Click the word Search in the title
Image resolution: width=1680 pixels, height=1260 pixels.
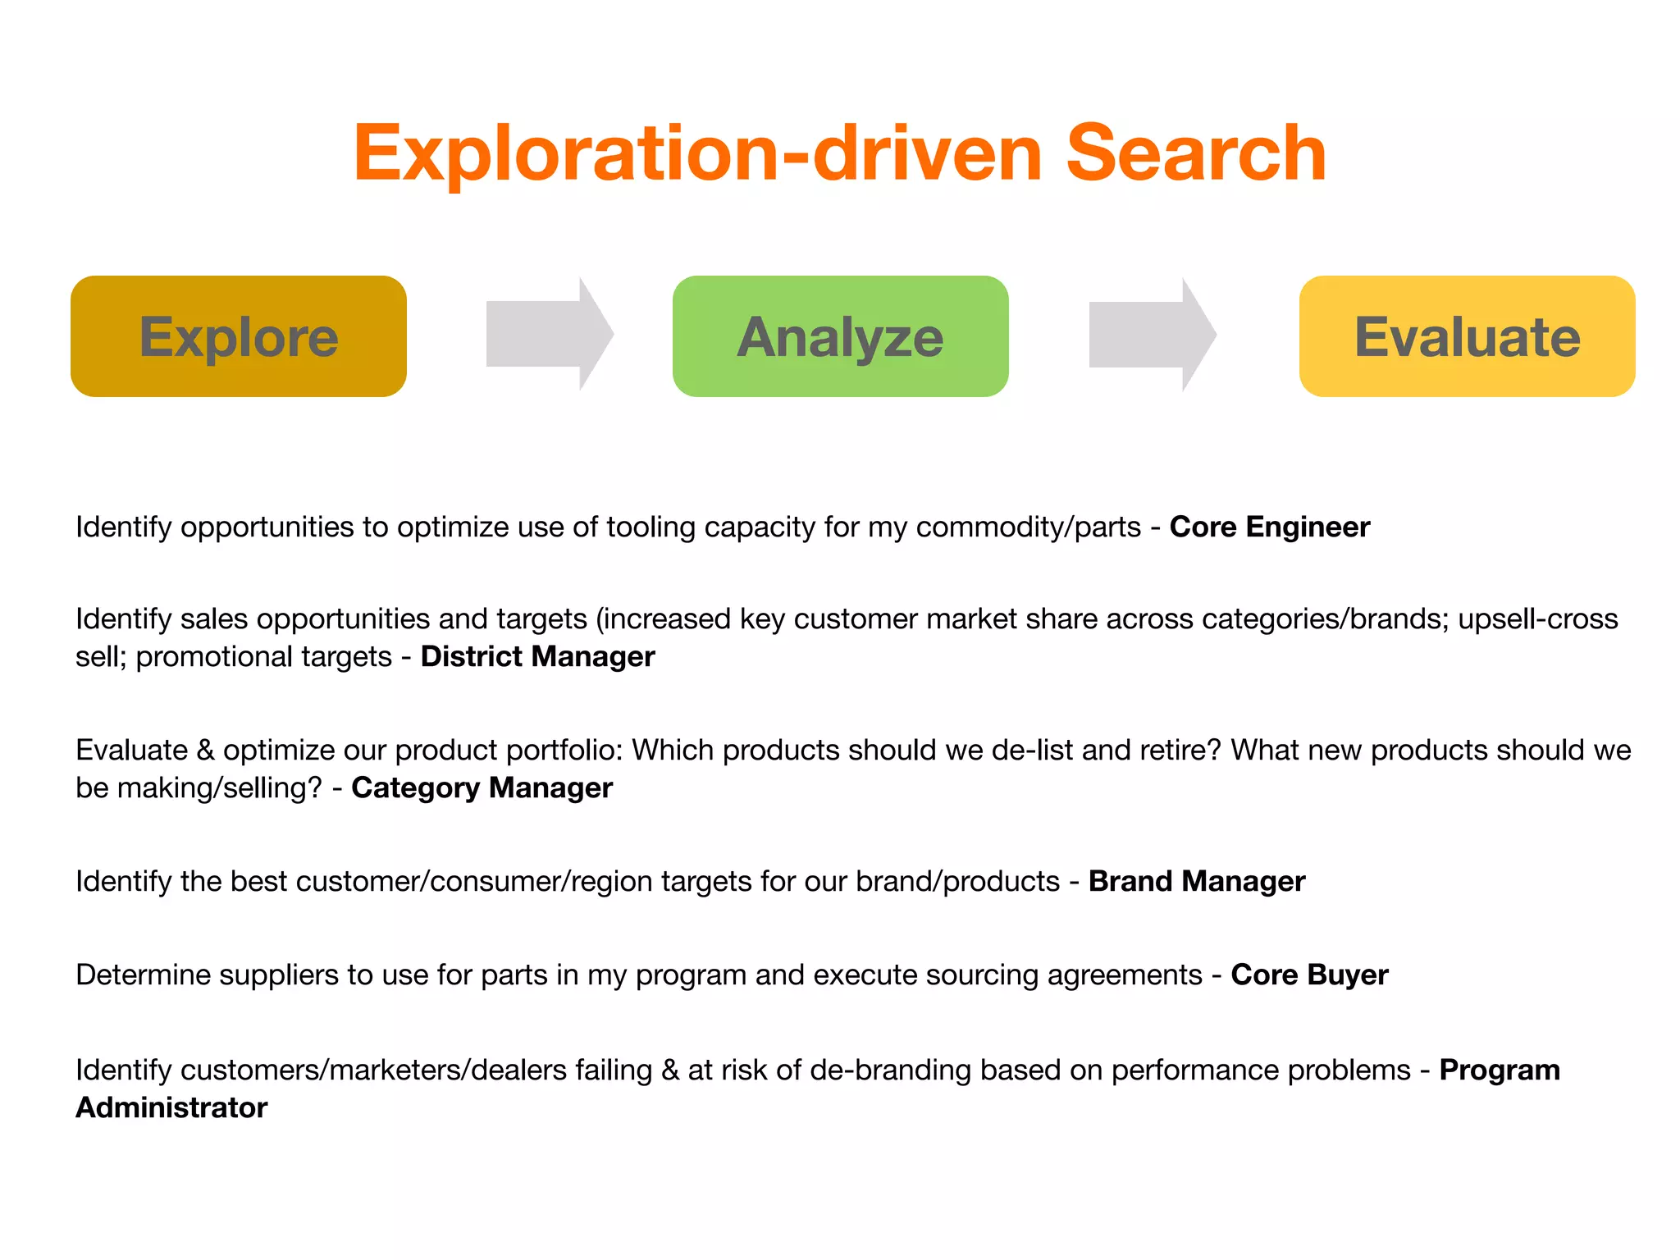pyautogui.click(x=1195, y=153)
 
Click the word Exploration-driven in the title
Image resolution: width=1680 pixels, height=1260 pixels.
pyautogui.click(x=697, y=153)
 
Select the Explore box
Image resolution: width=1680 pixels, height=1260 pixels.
pyautogui.click(x=239, y=336)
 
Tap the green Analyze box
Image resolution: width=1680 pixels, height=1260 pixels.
pyautogui.click(x=840, y=336)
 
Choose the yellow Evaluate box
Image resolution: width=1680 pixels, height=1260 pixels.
pyautogui.click(x=1467, y=336)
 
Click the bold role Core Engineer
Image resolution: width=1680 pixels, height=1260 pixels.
pyautogui.click(x=1269, y=527)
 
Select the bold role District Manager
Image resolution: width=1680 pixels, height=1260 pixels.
pyautogui.click(x=537, y=656)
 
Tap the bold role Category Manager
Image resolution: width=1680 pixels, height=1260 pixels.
pyautogui.click(x=482, y=787)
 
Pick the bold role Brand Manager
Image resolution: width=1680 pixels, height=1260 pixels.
pyautogui.click(x=1196, y=881)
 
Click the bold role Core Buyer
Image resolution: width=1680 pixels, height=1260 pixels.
pyautogui.click(x=1309, y=975)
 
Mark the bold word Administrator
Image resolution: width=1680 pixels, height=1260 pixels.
pyautogui.click(x=171, y=1107)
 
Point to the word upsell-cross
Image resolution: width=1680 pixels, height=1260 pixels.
pyautogui.click(x=1537, y=619)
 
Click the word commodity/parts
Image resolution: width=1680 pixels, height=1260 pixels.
pyautogui.click(x=1028, y=527)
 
